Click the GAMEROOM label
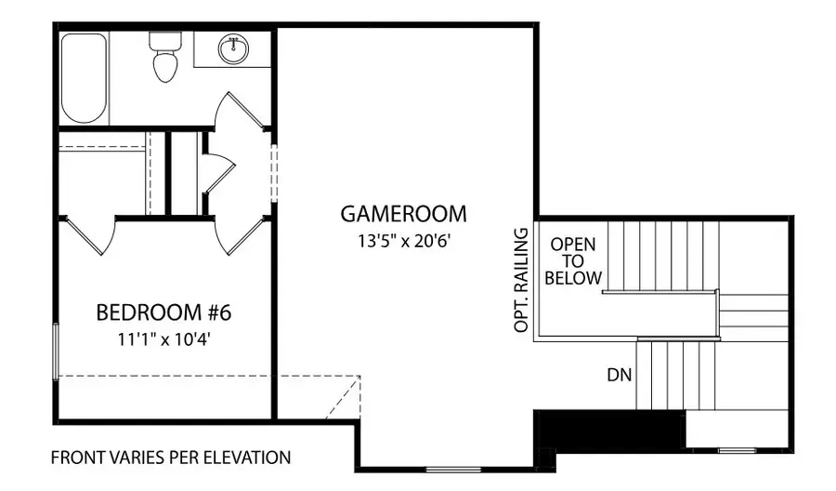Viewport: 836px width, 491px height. [x=403, y=214]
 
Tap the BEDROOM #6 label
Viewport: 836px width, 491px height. [x=163, y=312]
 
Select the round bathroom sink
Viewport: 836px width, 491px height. [x=233, y=49]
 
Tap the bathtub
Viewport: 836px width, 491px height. [x=84, y=79]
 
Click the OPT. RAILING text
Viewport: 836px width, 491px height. [x=521, y=279]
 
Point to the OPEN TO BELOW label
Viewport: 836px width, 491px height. [x=573, y=261]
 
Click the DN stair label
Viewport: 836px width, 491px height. [x=620, y=375]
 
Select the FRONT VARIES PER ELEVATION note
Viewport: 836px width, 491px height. [x=170, y=458]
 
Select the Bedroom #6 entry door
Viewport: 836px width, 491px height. [x=238, y=237]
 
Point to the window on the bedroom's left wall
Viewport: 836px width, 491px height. [x=58, y=350]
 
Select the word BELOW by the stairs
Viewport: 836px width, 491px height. [x=573, y=278]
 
